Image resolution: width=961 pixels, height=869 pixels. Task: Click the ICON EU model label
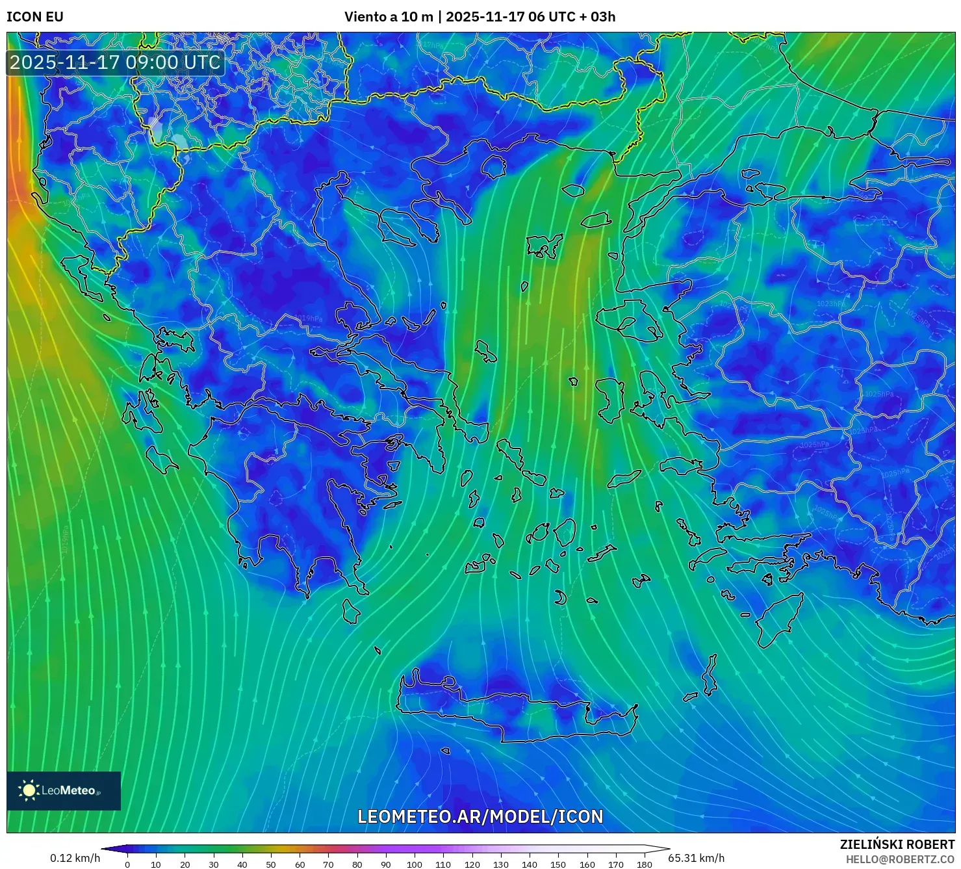click(x=35, y=17)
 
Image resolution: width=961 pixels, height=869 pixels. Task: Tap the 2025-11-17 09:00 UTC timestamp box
click(x=116, y=62)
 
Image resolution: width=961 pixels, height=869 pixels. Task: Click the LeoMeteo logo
click(x=64, y=790)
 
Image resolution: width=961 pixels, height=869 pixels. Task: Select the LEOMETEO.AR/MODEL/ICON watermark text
click(x=480, y=816)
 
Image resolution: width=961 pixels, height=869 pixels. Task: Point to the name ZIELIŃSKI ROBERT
click(x=897, y=844)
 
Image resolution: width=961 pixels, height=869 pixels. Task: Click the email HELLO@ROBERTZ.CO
click(x=900, y=859)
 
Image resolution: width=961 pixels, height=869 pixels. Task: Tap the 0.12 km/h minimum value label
click(x=75, y=858)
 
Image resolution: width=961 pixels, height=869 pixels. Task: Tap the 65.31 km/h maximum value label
click(x=696, y=858)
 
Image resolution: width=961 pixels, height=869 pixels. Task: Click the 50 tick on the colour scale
click(x=271, y=864)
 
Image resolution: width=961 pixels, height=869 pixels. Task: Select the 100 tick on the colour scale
click(x=415, y=864)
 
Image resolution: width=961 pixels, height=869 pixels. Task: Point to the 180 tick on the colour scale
click(x=644, y=864)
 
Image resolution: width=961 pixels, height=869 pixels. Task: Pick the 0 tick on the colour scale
click(x=127, y=864)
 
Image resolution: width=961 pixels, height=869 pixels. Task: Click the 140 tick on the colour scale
click(x=530, y=864)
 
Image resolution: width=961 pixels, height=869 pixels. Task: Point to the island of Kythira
click(x=351, y=612)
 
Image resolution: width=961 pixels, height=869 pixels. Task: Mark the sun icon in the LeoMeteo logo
click(x=29, y=790)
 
